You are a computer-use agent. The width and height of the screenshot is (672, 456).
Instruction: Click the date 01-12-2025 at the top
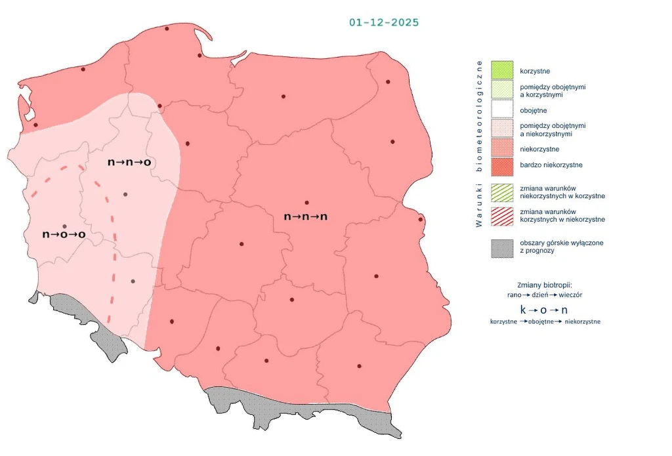384,22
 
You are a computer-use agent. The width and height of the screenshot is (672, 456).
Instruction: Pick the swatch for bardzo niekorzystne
501,165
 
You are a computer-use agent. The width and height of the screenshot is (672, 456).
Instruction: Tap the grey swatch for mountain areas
501,247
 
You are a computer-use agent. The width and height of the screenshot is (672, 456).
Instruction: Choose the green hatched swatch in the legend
501,192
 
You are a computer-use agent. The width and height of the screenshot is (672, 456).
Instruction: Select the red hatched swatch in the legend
501,215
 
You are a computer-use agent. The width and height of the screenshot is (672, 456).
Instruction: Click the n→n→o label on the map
130,161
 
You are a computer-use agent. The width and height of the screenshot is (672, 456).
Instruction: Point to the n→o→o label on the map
64,234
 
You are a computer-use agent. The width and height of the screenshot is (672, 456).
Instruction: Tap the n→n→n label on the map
305,216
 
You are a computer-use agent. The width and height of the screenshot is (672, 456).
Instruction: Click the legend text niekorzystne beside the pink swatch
538,149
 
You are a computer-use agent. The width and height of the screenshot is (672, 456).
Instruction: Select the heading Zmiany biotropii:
545,285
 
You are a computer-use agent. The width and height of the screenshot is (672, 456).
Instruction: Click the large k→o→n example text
543,309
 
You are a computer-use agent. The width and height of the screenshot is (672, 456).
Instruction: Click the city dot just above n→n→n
306,202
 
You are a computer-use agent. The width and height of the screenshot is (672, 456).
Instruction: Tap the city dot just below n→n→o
125,194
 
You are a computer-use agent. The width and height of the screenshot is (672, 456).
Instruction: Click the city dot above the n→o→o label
64,226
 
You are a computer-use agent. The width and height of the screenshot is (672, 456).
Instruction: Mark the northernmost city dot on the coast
167,28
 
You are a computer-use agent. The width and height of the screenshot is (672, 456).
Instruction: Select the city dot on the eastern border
421,219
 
